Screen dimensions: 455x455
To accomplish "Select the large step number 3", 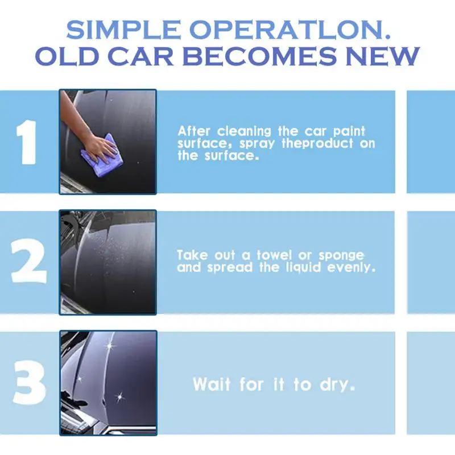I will point(28,383).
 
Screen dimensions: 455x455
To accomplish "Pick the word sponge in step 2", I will point(340,255).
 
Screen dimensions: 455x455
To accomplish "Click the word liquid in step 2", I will point(303,267).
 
